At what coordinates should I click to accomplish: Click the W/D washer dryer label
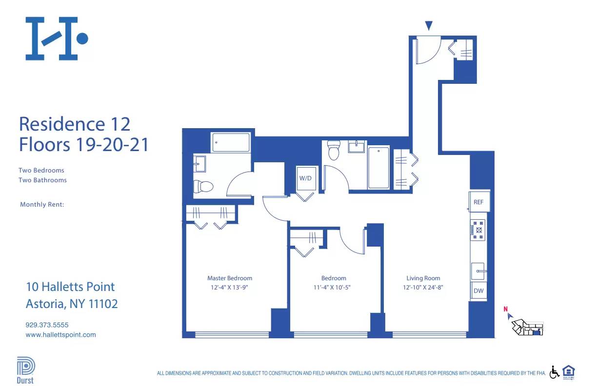[305, 178]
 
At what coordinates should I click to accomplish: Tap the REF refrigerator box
[478, 202]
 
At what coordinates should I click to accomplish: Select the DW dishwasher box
[478, 291]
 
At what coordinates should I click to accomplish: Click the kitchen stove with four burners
[478, 230]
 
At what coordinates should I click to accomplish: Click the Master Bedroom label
[230, 278]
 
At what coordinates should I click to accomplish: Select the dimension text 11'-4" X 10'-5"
[334, 288]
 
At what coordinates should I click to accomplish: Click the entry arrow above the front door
[429, 26]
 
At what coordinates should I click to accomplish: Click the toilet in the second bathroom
[334, 151]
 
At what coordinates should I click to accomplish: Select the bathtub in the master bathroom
[231, 142]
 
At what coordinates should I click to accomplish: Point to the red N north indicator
[506, 309]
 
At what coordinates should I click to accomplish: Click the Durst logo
[25, 370]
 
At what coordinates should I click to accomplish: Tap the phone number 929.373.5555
[47, 325]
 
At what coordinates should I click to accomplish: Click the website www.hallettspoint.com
[60, 335]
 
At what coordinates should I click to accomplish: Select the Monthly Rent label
[42, 205]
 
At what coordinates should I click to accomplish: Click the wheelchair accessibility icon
[555, 372]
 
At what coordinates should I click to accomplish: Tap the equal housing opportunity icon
[569, 371]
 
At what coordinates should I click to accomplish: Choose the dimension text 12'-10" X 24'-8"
[423, 288]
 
